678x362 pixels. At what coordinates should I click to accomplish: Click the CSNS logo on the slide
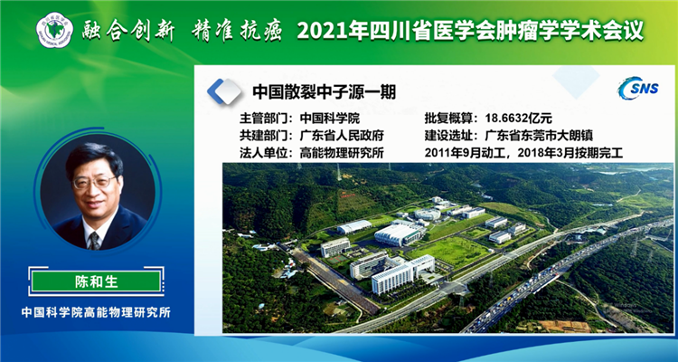638,89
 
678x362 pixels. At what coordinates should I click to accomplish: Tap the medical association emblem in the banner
54,30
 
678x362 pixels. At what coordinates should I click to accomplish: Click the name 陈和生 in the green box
96,281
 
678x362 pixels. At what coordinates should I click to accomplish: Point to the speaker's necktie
94,241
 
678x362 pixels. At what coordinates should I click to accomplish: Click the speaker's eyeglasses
95,182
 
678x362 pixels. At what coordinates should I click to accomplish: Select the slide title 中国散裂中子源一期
324,91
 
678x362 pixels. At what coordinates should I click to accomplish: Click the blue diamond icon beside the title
224,91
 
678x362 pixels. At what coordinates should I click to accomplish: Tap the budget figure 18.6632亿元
519,119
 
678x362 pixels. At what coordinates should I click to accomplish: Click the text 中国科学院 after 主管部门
330,119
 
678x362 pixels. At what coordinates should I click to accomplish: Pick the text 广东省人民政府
342,136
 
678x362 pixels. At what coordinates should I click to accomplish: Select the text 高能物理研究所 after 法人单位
342,153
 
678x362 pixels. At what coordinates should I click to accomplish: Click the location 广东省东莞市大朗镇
539,136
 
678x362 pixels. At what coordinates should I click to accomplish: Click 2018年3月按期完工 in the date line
570,153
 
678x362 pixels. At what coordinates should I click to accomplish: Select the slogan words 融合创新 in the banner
128,31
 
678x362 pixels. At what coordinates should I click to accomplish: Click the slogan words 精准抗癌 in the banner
236,31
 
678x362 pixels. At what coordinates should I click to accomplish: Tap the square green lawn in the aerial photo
448,252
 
